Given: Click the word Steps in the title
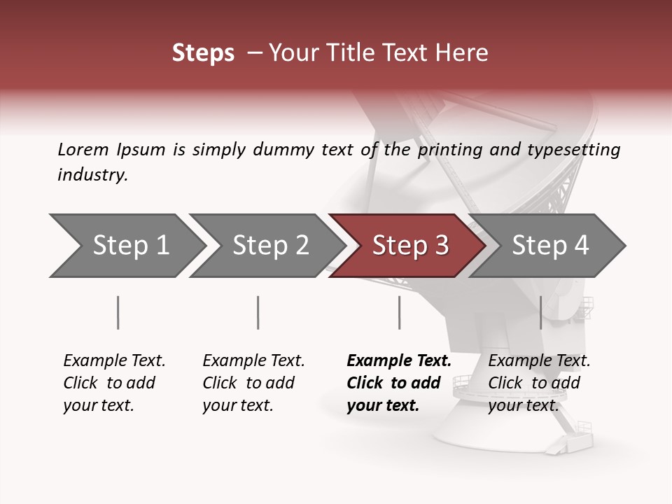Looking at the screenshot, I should pos(203,53).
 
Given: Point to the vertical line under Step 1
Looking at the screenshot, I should pos(118,312).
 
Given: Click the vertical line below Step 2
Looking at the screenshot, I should pos(258,312).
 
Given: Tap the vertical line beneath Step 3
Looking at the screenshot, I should pos(399,312).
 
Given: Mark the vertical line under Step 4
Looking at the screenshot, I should pos(540,312).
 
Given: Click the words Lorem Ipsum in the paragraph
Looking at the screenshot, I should pos(111,150).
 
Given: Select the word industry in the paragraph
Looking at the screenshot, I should pos(92,175).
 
